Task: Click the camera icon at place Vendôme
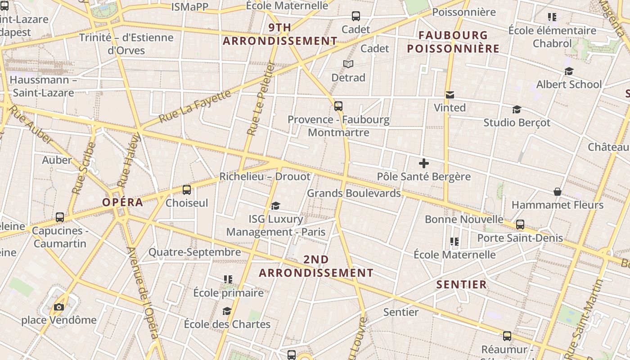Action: click(58, 307)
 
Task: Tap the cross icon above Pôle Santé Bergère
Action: click(423, 163)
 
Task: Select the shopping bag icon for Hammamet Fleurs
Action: click(557, 192)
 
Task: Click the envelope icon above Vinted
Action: click(450, 95)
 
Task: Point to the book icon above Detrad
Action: click(348, 64)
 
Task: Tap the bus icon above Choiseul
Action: click(187, 190)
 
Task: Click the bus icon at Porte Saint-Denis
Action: click(520, 224)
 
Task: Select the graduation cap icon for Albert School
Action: click(569, 72)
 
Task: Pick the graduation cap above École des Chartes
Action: click(227, 311)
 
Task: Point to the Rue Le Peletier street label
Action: click(261, 99)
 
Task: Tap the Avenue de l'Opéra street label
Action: click(143, 292)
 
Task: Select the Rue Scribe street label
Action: click(84, 168)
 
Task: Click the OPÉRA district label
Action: click(122, 202)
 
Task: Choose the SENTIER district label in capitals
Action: click(462, 284)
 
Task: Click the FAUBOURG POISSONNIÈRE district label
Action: click(453, 42)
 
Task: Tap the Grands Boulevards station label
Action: click(354, 193)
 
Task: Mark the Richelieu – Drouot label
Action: click(265, 176)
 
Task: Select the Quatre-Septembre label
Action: click(194, 252)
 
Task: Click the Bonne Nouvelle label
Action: click(464, 219)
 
